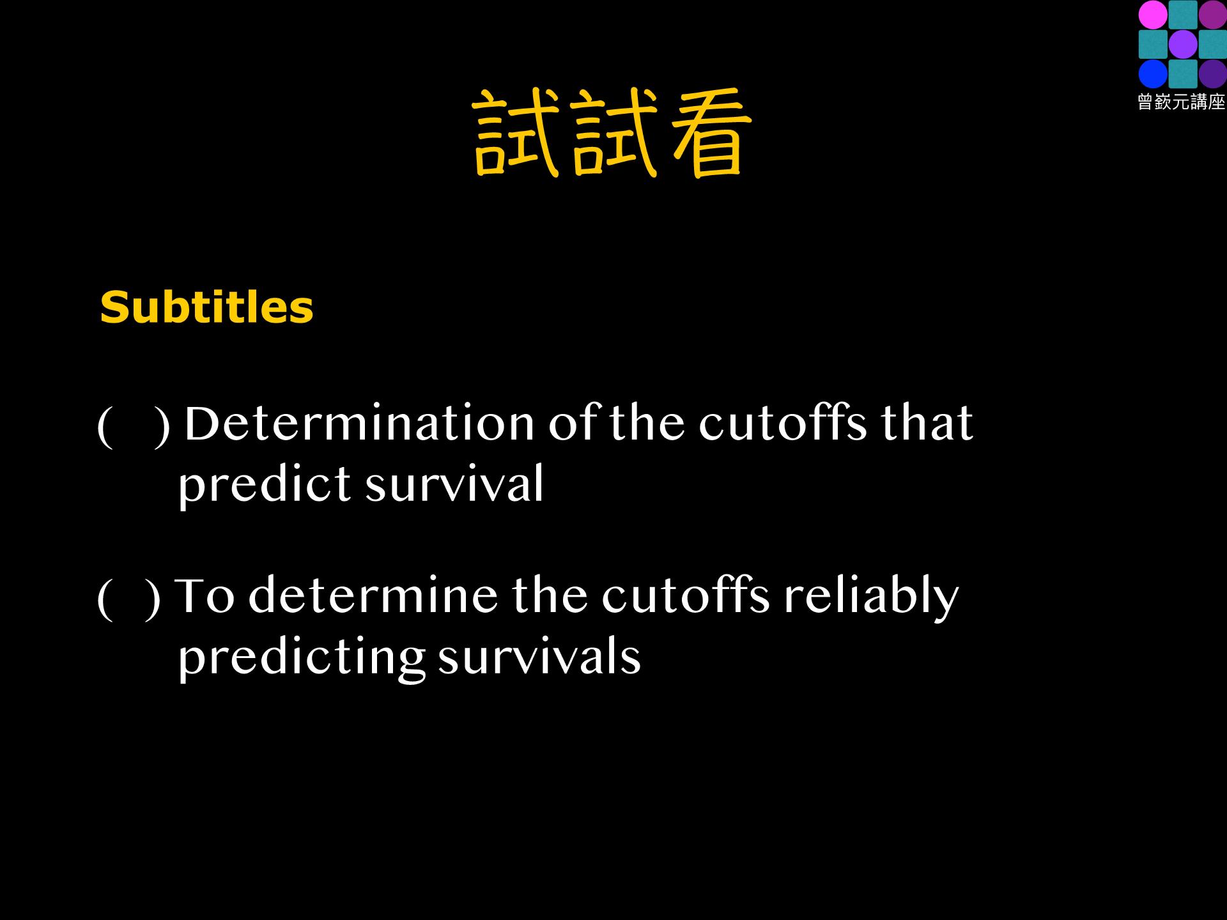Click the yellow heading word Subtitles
click(x=206, y=307)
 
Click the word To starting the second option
click(x=204, y=595)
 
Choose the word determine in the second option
click(x=373, y=595)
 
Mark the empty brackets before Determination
click(x=134, y=426)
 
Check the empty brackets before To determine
click(x=128, y=599)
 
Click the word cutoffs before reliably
click(x=686, y=595)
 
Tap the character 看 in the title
click(x=710, y=133)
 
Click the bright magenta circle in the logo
click(x=1153, y=15)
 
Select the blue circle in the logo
click(x=1153, y=74)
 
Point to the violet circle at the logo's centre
click(x=1183, y=44)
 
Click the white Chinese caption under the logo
click(x=1182, y=102)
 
